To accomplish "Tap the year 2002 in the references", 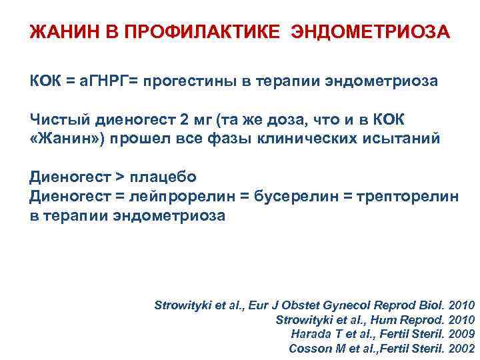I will tap(462, 349).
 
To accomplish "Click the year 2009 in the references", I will tap(462, 334).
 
